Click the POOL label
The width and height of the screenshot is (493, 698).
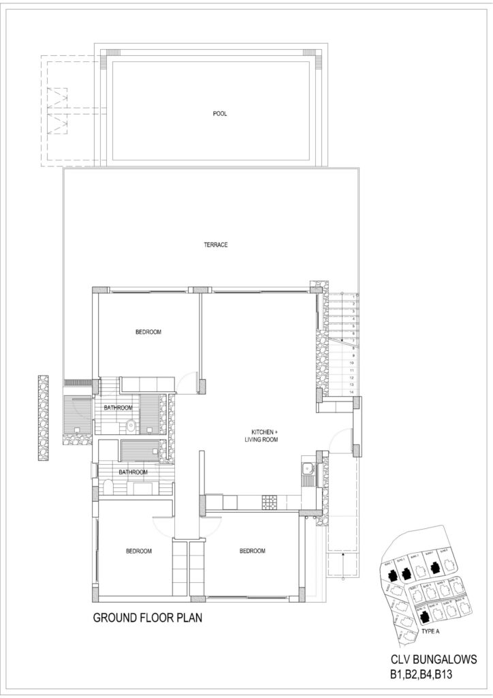click(x=219, y=114)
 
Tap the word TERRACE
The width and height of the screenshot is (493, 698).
click(x=217, y=245)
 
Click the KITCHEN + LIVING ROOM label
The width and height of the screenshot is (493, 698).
click(x=264, y=436)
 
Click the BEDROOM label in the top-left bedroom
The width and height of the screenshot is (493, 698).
click(x=148, y=332)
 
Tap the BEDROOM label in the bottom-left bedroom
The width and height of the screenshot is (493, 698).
click(x=138, y=551)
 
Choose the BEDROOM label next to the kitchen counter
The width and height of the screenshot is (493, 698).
click(x=252, y=551)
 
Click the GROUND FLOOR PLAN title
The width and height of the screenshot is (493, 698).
click(x=147, y=620)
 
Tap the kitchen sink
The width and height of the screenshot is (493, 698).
click(x=308, y=468)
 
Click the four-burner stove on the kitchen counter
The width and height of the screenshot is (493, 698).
click(x=268, y=502)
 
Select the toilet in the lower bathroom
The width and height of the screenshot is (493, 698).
click(x=108, y=487)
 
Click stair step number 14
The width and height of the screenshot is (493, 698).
click(x=352, y=392)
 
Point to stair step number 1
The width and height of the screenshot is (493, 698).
click(x=353, y=296)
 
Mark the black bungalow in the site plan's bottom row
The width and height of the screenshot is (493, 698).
click(x=424, y=616)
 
